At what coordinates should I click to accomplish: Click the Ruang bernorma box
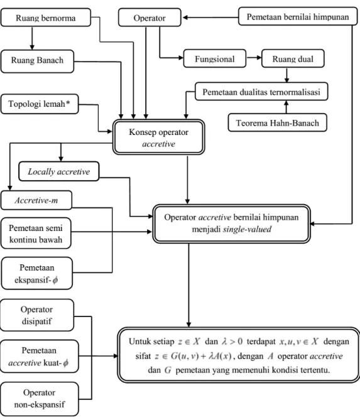click(x=46, y=18)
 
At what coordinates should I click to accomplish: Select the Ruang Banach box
click(x=37, y=61)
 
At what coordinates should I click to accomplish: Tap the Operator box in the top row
click(x=150, y=18)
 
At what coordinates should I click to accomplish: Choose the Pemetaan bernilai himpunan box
click(x=298, y=16)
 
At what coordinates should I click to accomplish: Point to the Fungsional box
click(x=214, y=58)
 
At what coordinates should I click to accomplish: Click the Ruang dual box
click(x=293, y=58)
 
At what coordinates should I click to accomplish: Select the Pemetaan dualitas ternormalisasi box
click(x=261, y=92)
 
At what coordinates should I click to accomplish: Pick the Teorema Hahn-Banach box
click(x=278, y=122)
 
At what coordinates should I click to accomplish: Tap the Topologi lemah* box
click(x=40, y=104)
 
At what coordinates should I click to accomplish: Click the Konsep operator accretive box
click(x=159, y=137)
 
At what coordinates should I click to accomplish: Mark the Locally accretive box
click(x=58, y=171)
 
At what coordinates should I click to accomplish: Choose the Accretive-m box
click(x=36, y=200)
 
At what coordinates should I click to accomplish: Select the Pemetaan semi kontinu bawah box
click(x=36, y=234)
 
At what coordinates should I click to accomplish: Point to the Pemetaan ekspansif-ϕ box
click(x=36, y=273)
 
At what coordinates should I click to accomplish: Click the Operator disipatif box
click(x=36, y=315)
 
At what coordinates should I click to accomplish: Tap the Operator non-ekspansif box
click(x=40, y=399)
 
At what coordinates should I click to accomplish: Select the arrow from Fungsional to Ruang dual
click(x=254, y=58)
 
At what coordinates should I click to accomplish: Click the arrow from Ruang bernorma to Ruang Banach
click(x=32, y=38)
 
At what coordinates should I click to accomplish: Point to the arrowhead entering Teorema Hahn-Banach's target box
click(x=286, y=103)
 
